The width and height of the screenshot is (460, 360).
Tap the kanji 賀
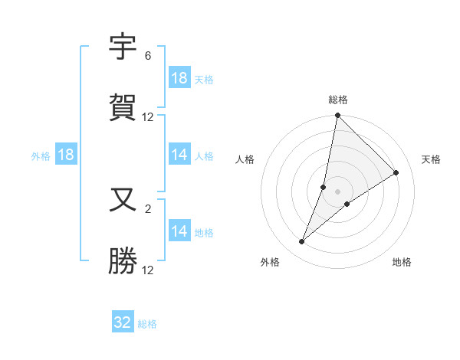(x=123, y=108)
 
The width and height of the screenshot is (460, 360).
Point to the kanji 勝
(x=123, y=261)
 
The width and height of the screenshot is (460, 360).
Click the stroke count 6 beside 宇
(x=147, y=56)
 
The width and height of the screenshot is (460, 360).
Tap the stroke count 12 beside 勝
(x=148, y=270)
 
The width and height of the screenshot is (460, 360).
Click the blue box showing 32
(x=123, y=322)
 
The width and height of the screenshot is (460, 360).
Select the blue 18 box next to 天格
(x=179, y=78)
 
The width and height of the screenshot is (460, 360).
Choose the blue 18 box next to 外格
(x=65, y=155)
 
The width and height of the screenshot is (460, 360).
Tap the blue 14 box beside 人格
(x=179, y=155)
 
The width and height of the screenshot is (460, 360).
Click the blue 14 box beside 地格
(x=179, y=231)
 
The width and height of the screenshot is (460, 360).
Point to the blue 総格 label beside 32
(x=147, y=324)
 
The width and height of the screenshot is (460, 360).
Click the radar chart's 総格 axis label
(x=338, y=100)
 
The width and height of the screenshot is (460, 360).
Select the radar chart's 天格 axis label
(x=431, y=159)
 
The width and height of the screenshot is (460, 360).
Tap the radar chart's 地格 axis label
(x=402, y=262)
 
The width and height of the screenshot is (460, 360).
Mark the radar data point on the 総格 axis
(x=338, y=116)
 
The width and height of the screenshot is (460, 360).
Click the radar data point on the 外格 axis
(x=302, y=242)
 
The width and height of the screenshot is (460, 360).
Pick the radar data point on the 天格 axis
(x=396, y=173)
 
